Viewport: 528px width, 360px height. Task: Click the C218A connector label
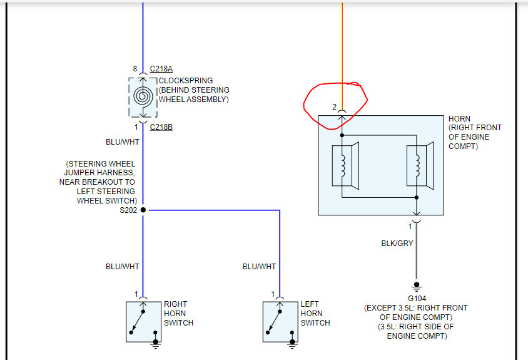tap(161, 69)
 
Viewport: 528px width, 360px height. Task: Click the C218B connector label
tap(161, 127)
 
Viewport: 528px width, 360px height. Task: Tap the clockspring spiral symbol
tap(143, 97)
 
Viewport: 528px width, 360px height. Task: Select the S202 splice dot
tap(143, 210)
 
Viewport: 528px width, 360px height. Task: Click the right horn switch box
tap(143, 321)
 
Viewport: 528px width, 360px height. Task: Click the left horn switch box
tap(280, 321)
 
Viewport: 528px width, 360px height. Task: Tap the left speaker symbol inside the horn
tap(346, 165)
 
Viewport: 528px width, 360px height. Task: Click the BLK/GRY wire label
tap(397, 243)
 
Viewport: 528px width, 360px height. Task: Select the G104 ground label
tap(416, 299)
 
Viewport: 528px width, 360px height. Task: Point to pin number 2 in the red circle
tap(335, 106)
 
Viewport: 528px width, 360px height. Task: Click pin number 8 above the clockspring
tap(135, 69)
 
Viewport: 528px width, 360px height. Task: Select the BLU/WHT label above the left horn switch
tap(259, 267)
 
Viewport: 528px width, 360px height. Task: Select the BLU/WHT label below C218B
tap(122, 142)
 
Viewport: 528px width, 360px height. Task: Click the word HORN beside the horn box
tap(459, 119)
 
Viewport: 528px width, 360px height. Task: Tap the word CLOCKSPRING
tap(186, 81)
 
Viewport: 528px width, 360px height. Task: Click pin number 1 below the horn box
tap(410, 226)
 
